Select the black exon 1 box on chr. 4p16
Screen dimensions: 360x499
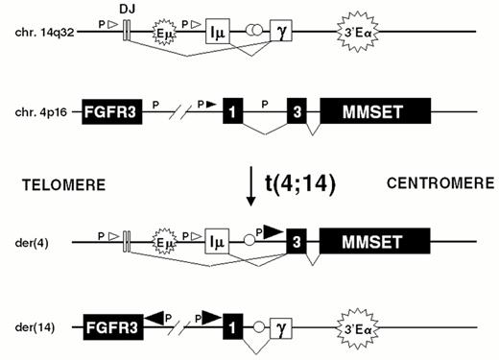pos(231,112)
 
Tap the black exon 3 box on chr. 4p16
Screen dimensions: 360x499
pos(297,112)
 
